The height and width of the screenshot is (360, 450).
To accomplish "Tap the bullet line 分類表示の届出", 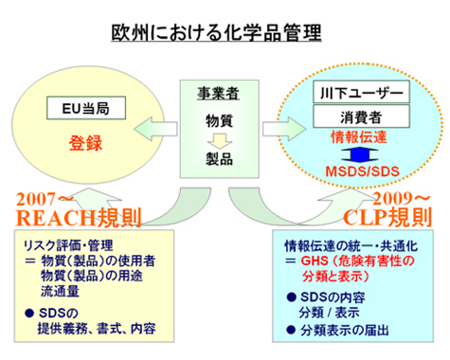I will pos(346,331).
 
